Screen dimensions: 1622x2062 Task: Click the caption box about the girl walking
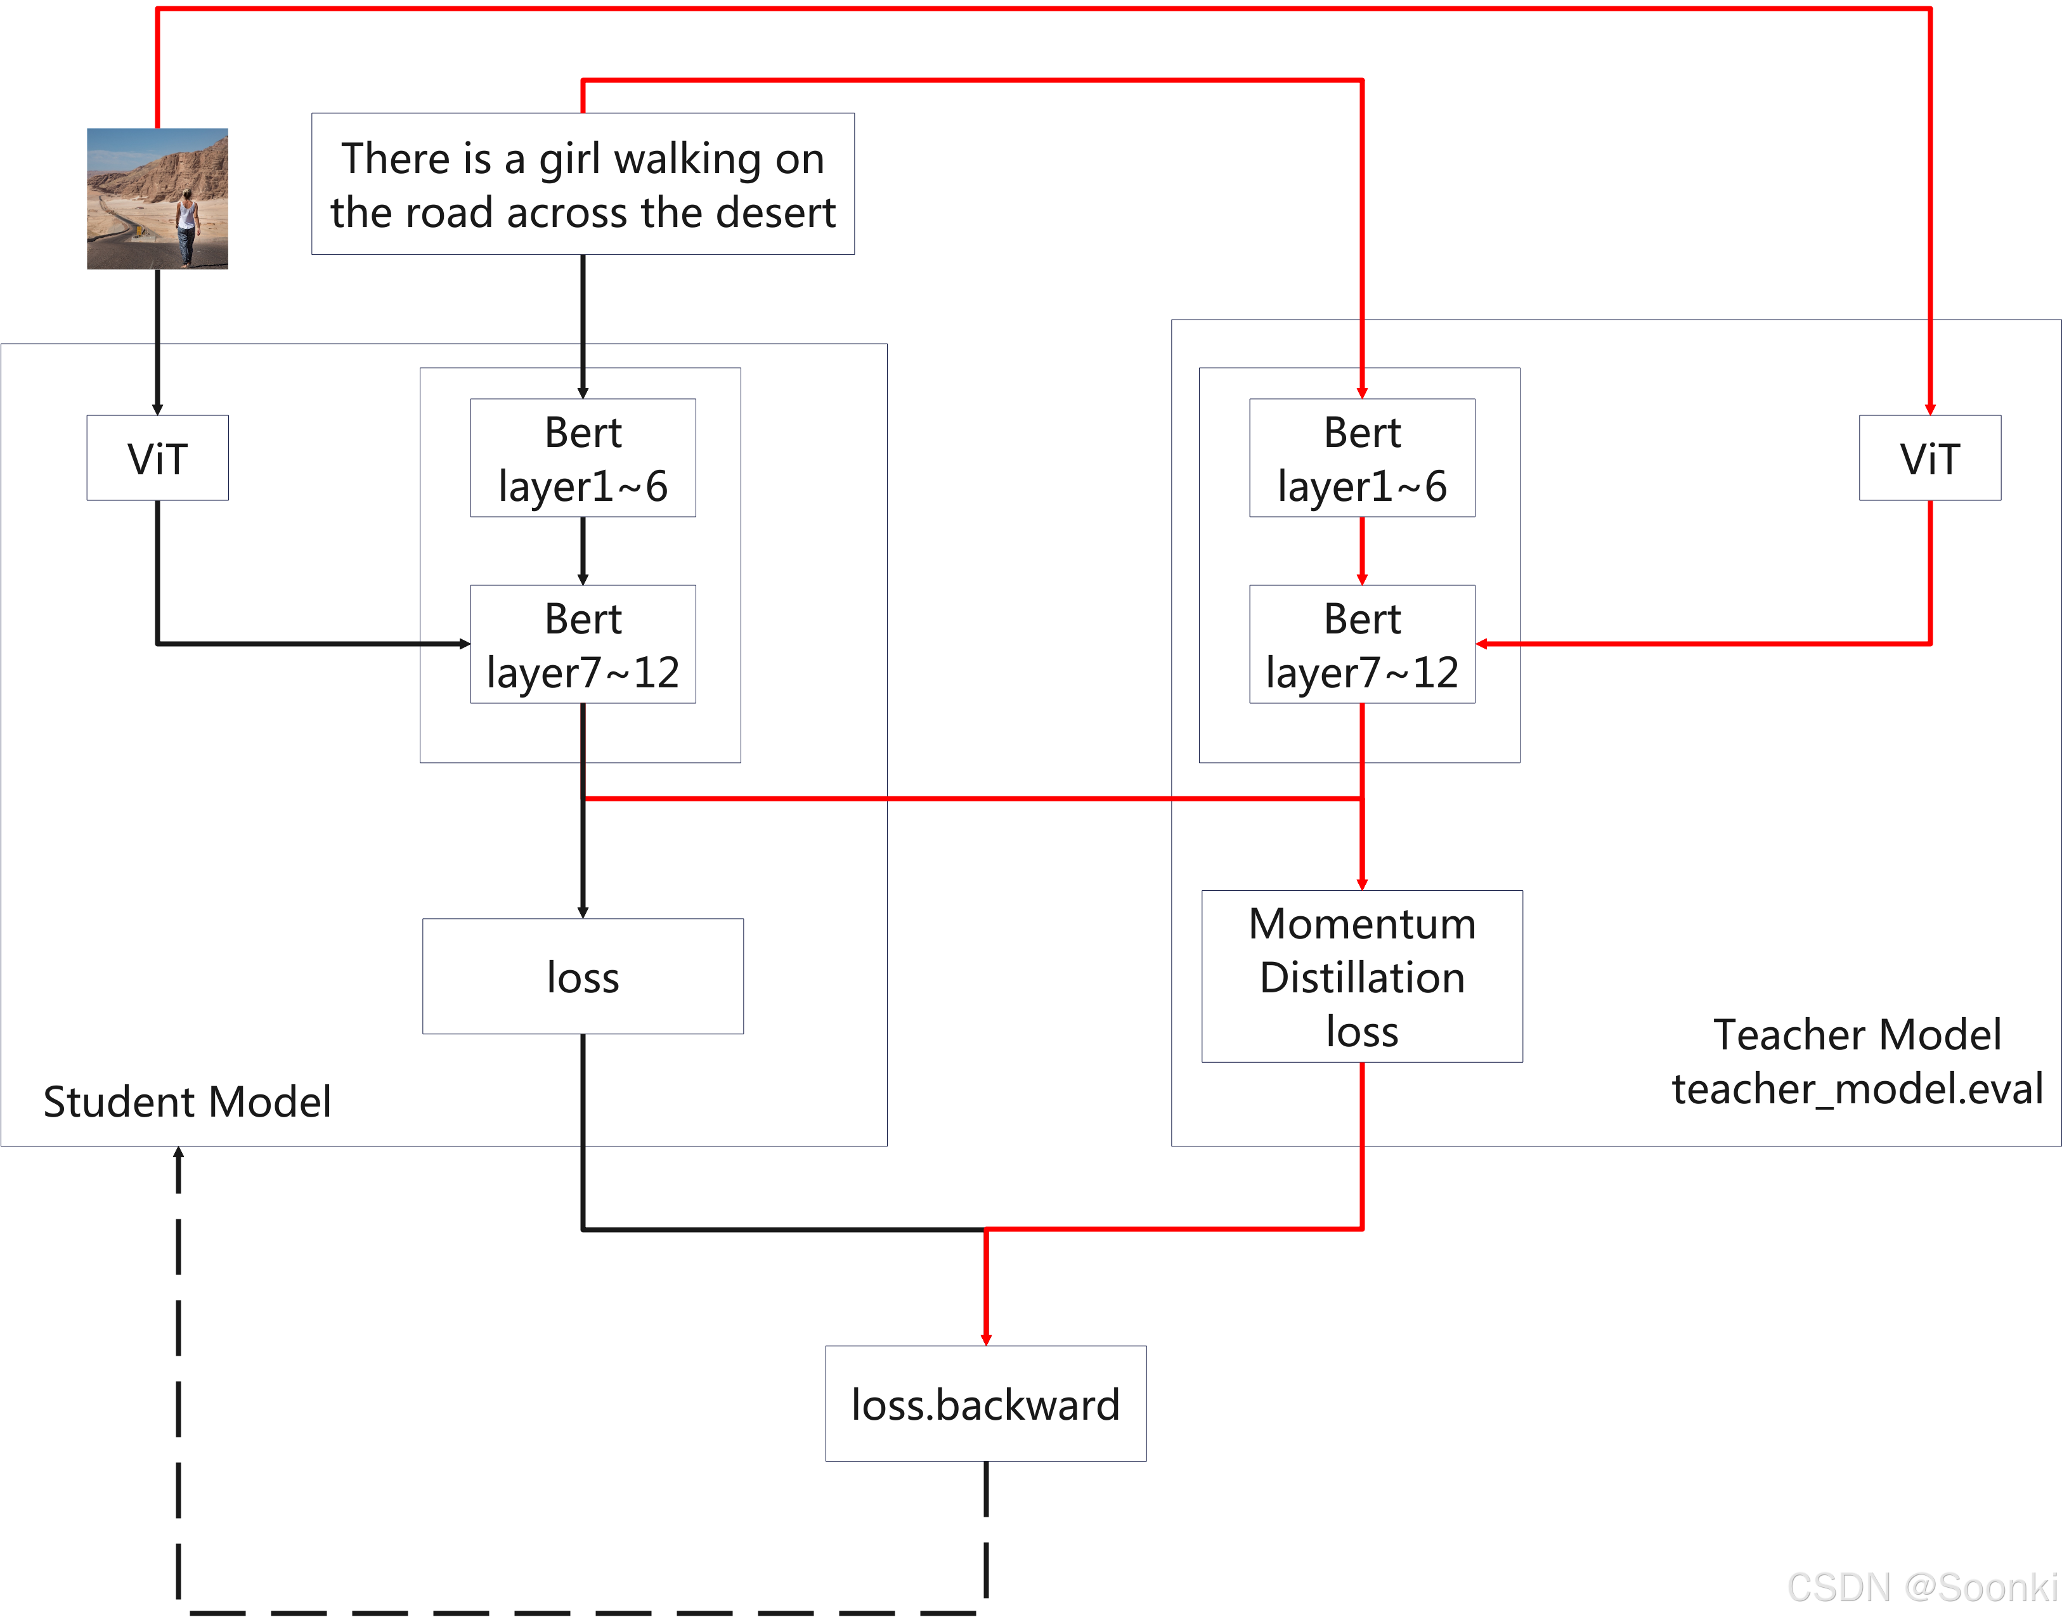point(583,185)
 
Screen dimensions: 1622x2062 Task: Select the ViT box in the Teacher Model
point(1929,458)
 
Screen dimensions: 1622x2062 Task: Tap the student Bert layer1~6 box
point(583,458)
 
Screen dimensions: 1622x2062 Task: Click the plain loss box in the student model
point(583,976)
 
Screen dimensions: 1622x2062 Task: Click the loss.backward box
point(985,1404)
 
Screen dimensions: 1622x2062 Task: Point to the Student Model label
point(187,1101)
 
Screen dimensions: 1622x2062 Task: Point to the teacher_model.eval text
point(1857,1088)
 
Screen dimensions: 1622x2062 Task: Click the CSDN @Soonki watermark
point(1921,1587)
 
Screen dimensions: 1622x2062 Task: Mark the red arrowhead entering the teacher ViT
point(1929,409)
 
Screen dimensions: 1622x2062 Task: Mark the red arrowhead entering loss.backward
point(985,1339)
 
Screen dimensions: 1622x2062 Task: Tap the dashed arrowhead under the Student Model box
point(178,1154)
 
